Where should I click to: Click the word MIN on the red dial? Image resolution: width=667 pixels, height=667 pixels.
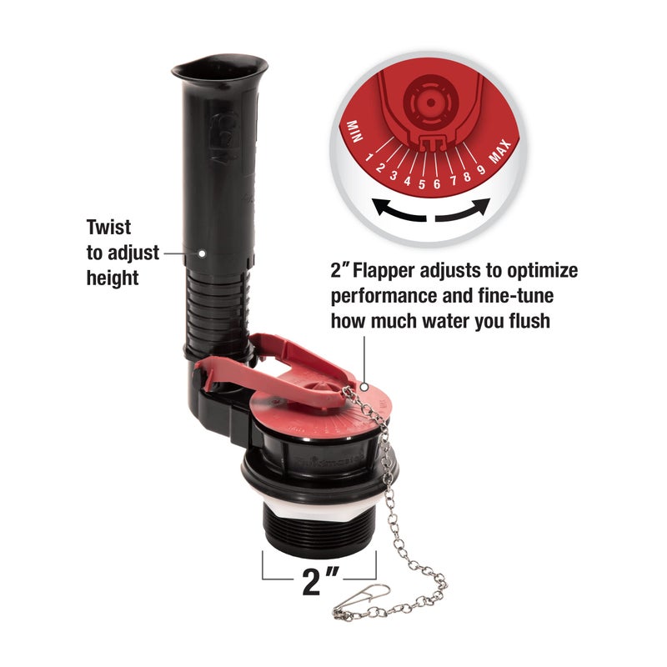pos(354,130)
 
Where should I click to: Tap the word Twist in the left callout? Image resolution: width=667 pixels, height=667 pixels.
pos(108,226)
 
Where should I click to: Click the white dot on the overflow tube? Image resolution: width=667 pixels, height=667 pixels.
pos(203,251)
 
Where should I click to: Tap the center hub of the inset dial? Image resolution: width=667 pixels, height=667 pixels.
pos(427,101)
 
